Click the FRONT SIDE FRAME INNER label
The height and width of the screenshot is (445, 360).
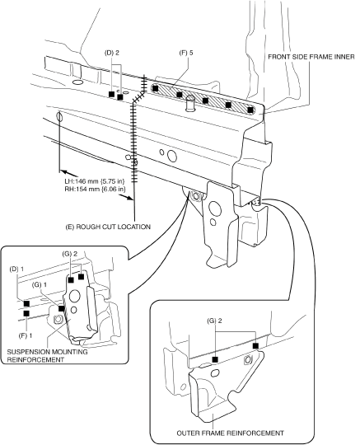click(311, 57)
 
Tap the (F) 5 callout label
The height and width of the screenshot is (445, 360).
click(186, 53)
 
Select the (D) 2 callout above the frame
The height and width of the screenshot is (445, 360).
click(112, 53)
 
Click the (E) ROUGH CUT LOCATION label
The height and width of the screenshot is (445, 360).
click(108, 227)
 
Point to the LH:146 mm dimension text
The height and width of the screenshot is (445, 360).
click(95, 181)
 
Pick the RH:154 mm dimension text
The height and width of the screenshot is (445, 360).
click(95, 189)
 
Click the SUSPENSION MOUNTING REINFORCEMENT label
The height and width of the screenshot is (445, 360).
click(47, 356)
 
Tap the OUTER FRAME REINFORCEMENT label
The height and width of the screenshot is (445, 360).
click(230, 433)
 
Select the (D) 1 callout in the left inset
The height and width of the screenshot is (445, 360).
click(16, 269)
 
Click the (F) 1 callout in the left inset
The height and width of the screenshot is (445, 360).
click(26, 335)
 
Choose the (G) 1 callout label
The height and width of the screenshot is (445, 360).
click(40, 284)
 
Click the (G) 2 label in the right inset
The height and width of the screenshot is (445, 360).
click(214, 321)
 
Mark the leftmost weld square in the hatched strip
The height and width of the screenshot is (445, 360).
click(155, 88)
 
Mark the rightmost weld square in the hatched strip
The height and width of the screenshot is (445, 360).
click(250, 110)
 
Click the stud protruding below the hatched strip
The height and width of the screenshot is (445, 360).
click(189, 103)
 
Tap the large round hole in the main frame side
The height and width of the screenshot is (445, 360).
click(172, 156)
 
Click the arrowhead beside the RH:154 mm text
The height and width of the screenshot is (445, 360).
click(129, 198)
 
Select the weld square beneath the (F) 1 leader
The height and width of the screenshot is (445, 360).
click(26, 314)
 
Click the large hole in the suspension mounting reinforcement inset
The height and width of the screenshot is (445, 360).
click(75, 296)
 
